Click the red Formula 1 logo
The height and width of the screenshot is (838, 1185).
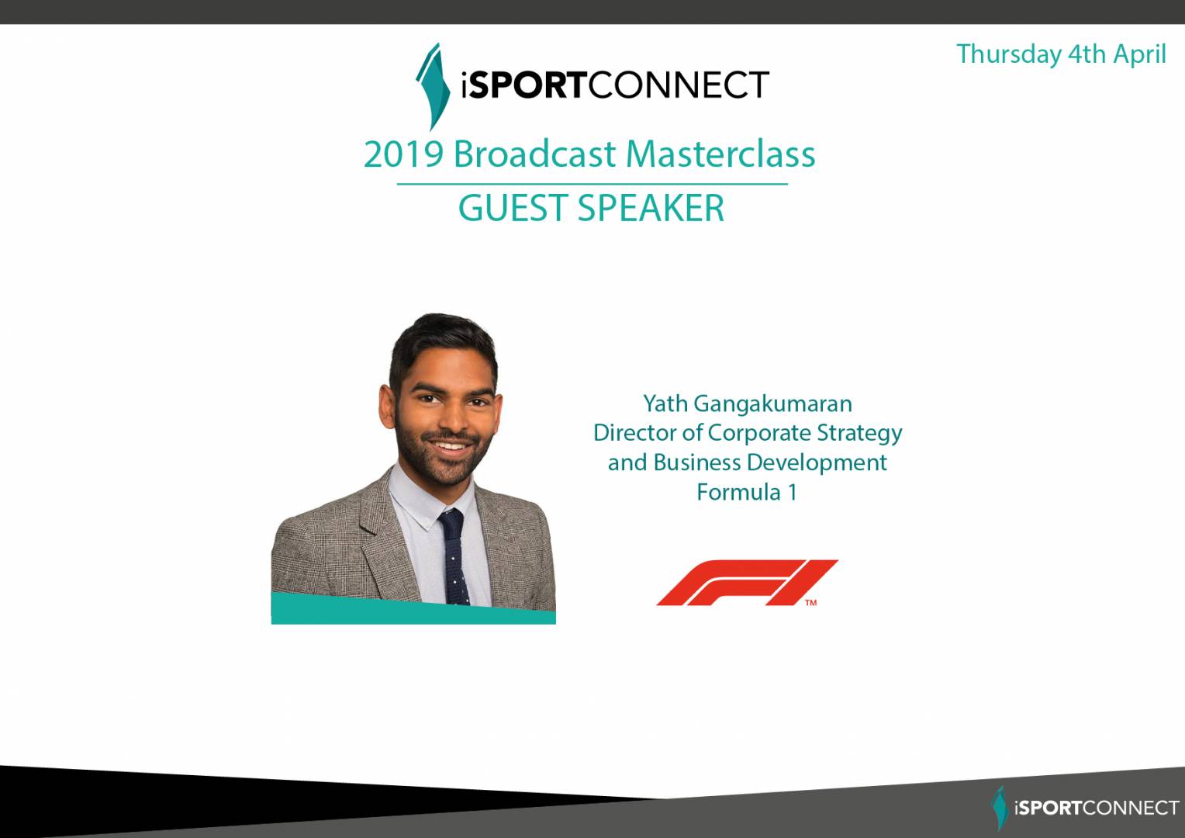(747, 582)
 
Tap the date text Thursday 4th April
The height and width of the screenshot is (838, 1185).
(1061, 54)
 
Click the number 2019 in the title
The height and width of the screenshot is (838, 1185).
(403, 154)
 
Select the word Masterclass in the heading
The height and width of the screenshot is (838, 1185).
(720, 154)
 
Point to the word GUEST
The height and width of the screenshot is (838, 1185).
(513, 208)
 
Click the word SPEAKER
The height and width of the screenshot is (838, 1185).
(651, 208)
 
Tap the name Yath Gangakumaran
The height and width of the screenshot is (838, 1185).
(748, 405)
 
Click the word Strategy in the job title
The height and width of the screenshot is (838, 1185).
(859, 434)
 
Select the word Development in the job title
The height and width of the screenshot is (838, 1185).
(817, 462)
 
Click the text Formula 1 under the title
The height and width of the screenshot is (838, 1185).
(747, 492)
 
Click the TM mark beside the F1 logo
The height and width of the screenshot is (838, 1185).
(811, 602)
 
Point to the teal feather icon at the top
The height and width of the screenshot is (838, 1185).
(433, 86)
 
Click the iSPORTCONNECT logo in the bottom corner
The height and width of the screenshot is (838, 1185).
(1084, 808)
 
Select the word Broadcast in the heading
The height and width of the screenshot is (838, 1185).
(534, 154)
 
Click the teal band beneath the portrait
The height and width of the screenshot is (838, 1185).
(413, 609)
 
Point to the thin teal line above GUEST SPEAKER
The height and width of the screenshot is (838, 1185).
(592, 184)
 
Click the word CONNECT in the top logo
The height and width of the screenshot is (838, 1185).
(679, 85)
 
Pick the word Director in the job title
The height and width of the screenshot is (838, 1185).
(634, 433)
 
